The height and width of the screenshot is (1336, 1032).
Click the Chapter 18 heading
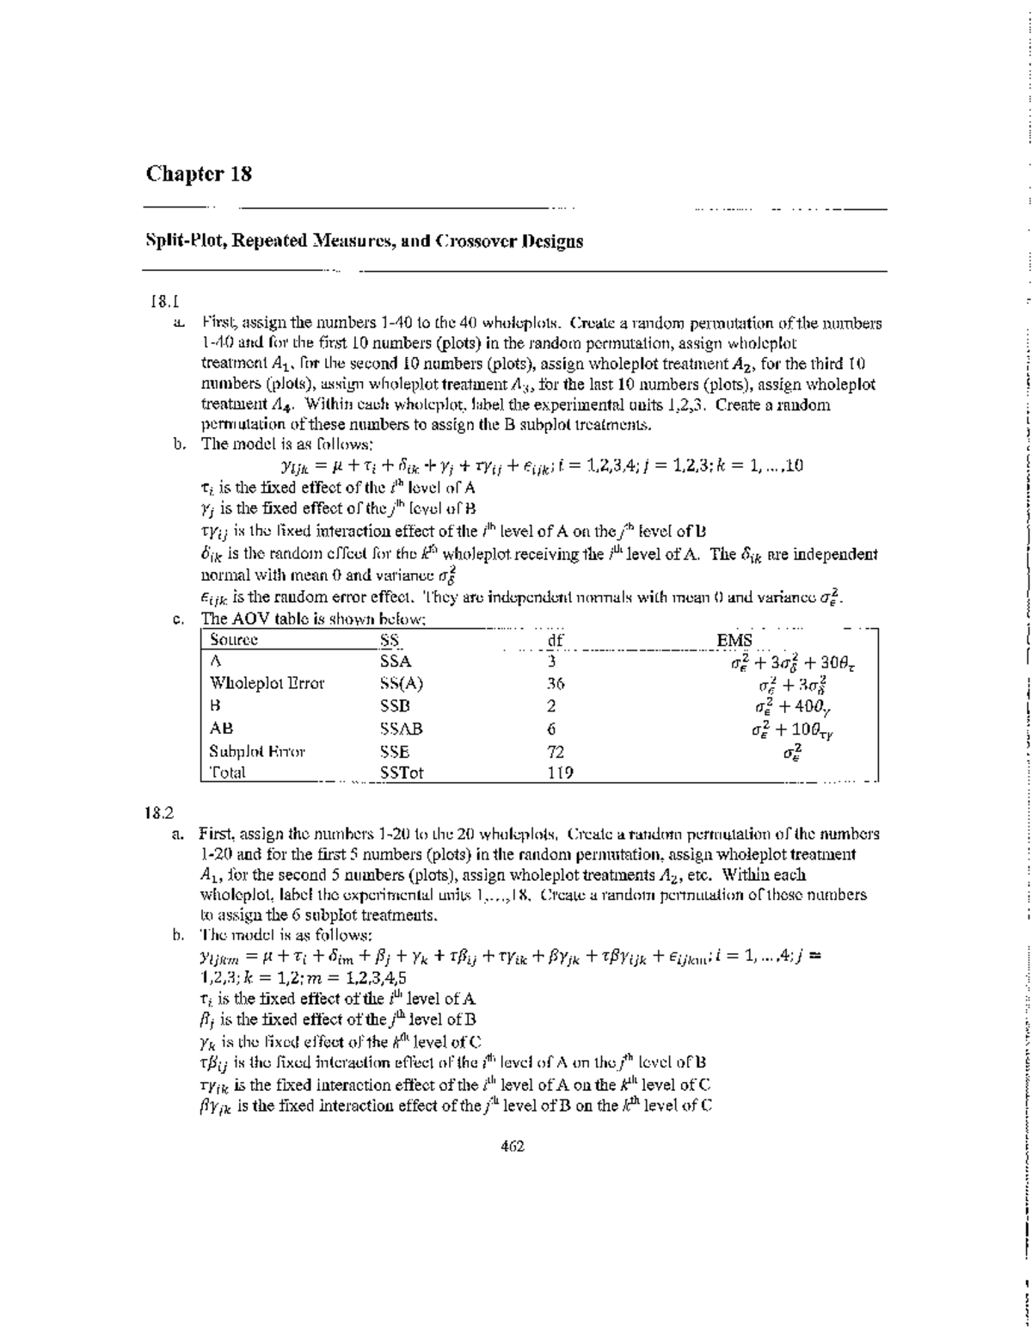pyautogui.click(x=199, y=175)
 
